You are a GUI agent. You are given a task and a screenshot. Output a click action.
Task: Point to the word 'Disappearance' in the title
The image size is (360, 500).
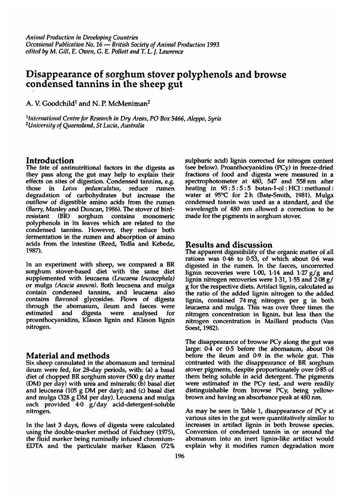pos(59,74)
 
